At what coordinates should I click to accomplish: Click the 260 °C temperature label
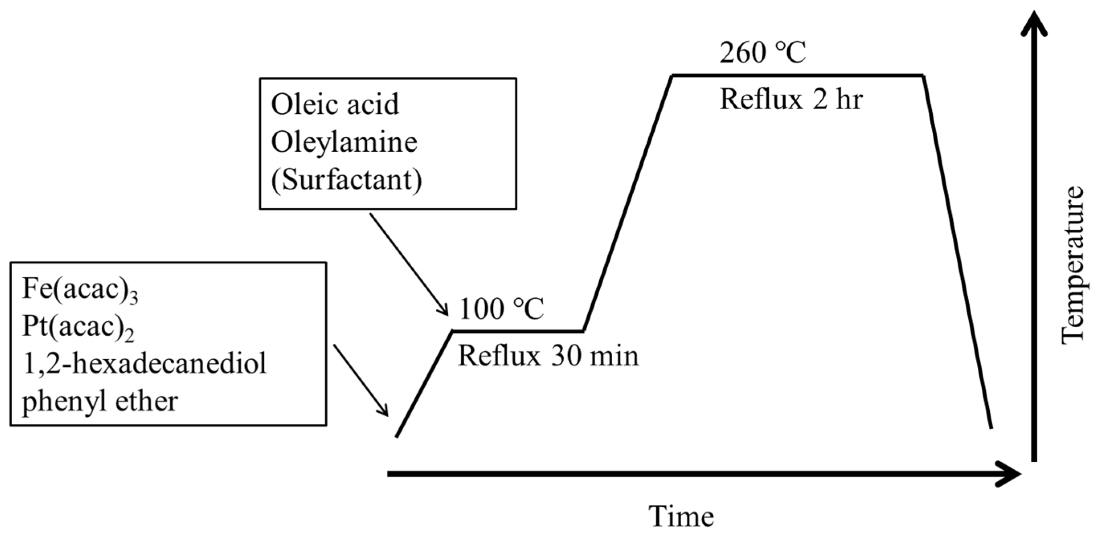762,54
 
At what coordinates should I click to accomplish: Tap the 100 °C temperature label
501,309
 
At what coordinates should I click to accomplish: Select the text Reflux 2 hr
791,100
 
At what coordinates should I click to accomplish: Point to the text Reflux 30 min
548,356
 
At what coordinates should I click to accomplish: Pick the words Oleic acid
335,104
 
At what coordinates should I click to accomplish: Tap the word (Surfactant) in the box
346,180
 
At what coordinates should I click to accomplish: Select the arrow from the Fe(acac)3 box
360,380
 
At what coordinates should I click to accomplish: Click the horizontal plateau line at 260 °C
798,75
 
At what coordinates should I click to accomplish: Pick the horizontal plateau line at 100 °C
517,330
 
